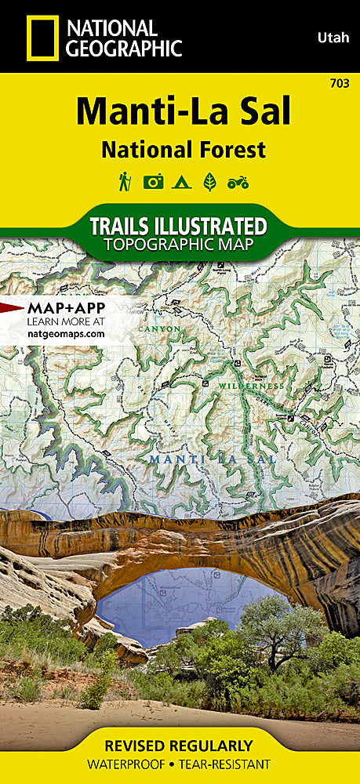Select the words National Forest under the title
(181, 149)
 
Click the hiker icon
(125, 182)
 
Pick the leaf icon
(209, 183)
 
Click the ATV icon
(237, 183)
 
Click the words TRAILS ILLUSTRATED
(179, 226)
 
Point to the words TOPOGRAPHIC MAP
(179, 245)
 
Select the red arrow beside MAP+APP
(11, 307)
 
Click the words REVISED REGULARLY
(180, 745)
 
